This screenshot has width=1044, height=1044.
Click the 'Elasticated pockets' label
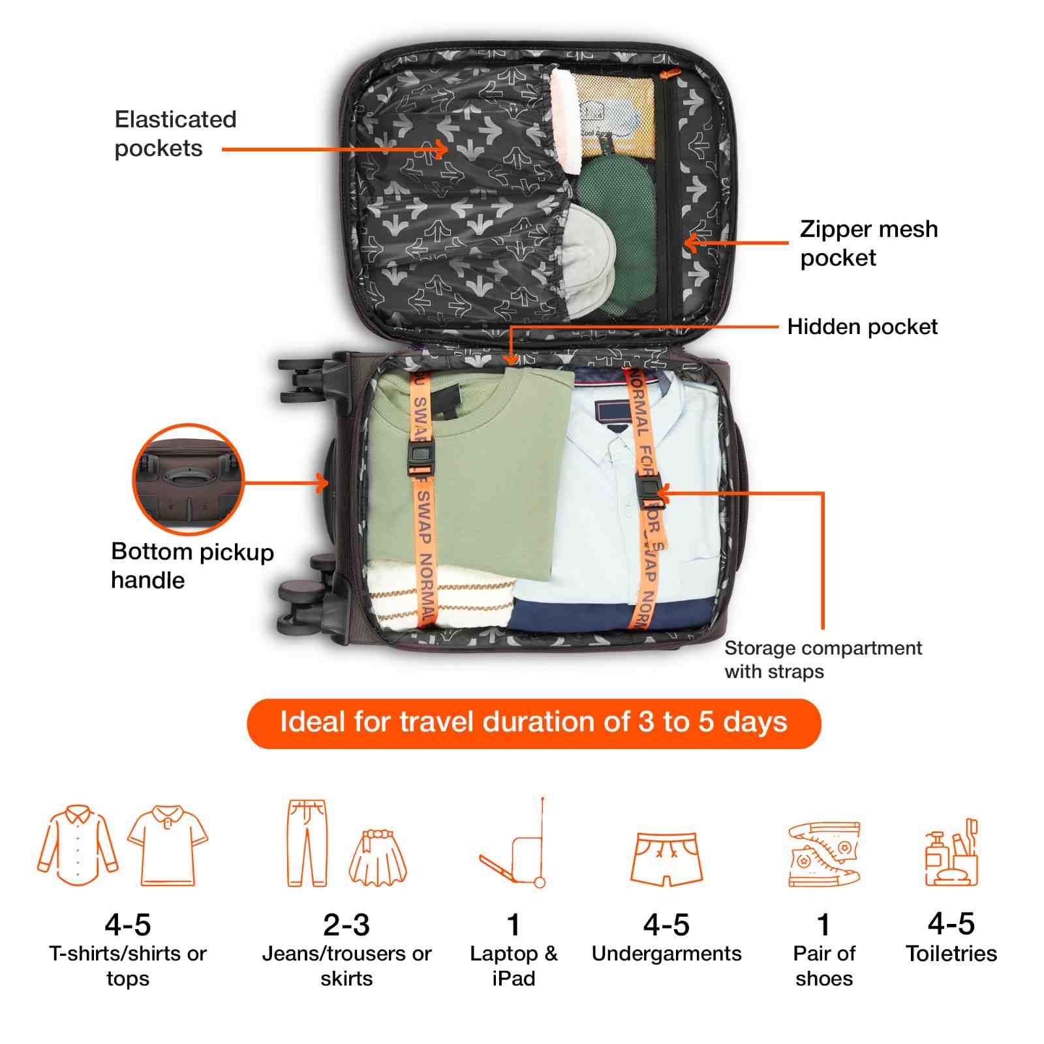(x=175, y=134)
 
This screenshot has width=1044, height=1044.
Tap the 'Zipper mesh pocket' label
(x=868, y=243)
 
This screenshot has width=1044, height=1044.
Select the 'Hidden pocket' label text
(x=862, y=326)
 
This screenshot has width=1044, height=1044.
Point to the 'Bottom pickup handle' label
(x=192, y=566)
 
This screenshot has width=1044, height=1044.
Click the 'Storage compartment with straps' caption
(x=823, y=659)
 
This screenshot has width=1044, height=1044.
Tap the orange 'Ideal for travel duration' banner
(x=533, y=723)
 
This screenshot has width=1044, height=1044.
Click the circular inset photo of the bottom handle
(x=188, y=480)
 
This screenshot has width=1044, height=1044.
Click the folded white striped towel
(x=434, y=594)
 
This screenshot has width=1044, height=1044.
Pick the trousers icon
(x=307, y=842)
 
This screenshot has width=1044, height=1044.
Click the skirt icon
(x=378, y=857)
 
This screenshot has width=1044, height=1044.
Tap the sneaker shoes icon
(x=823, y=853)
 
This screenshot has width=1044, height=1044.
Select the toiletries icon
(x=951, y=853)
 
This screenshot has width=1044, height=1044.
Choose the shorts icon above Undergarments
(x=666, y=858)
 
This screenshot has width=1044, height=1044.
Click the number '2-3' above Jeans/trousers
(x=346, y=925)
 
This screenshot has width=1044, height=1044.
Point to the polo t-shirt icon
(x=168, y=845)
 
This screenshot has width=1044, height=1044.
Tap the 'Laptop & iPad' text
(x=514, y=966)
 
